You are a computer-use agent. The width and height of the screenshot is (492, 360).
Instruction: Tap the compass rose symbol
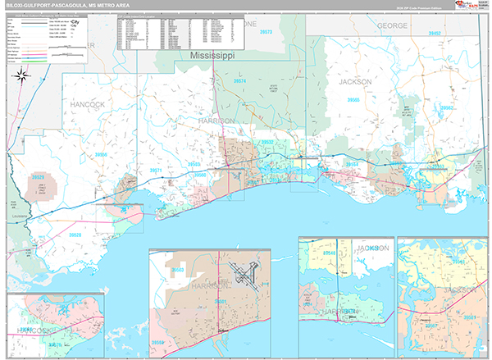point(22,78)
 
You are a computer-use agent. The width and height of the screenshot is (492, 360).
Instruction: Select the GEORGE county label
point(391,26)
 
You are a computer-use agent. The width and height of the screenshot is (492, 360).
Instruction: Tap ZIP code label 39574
point(239,83)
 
